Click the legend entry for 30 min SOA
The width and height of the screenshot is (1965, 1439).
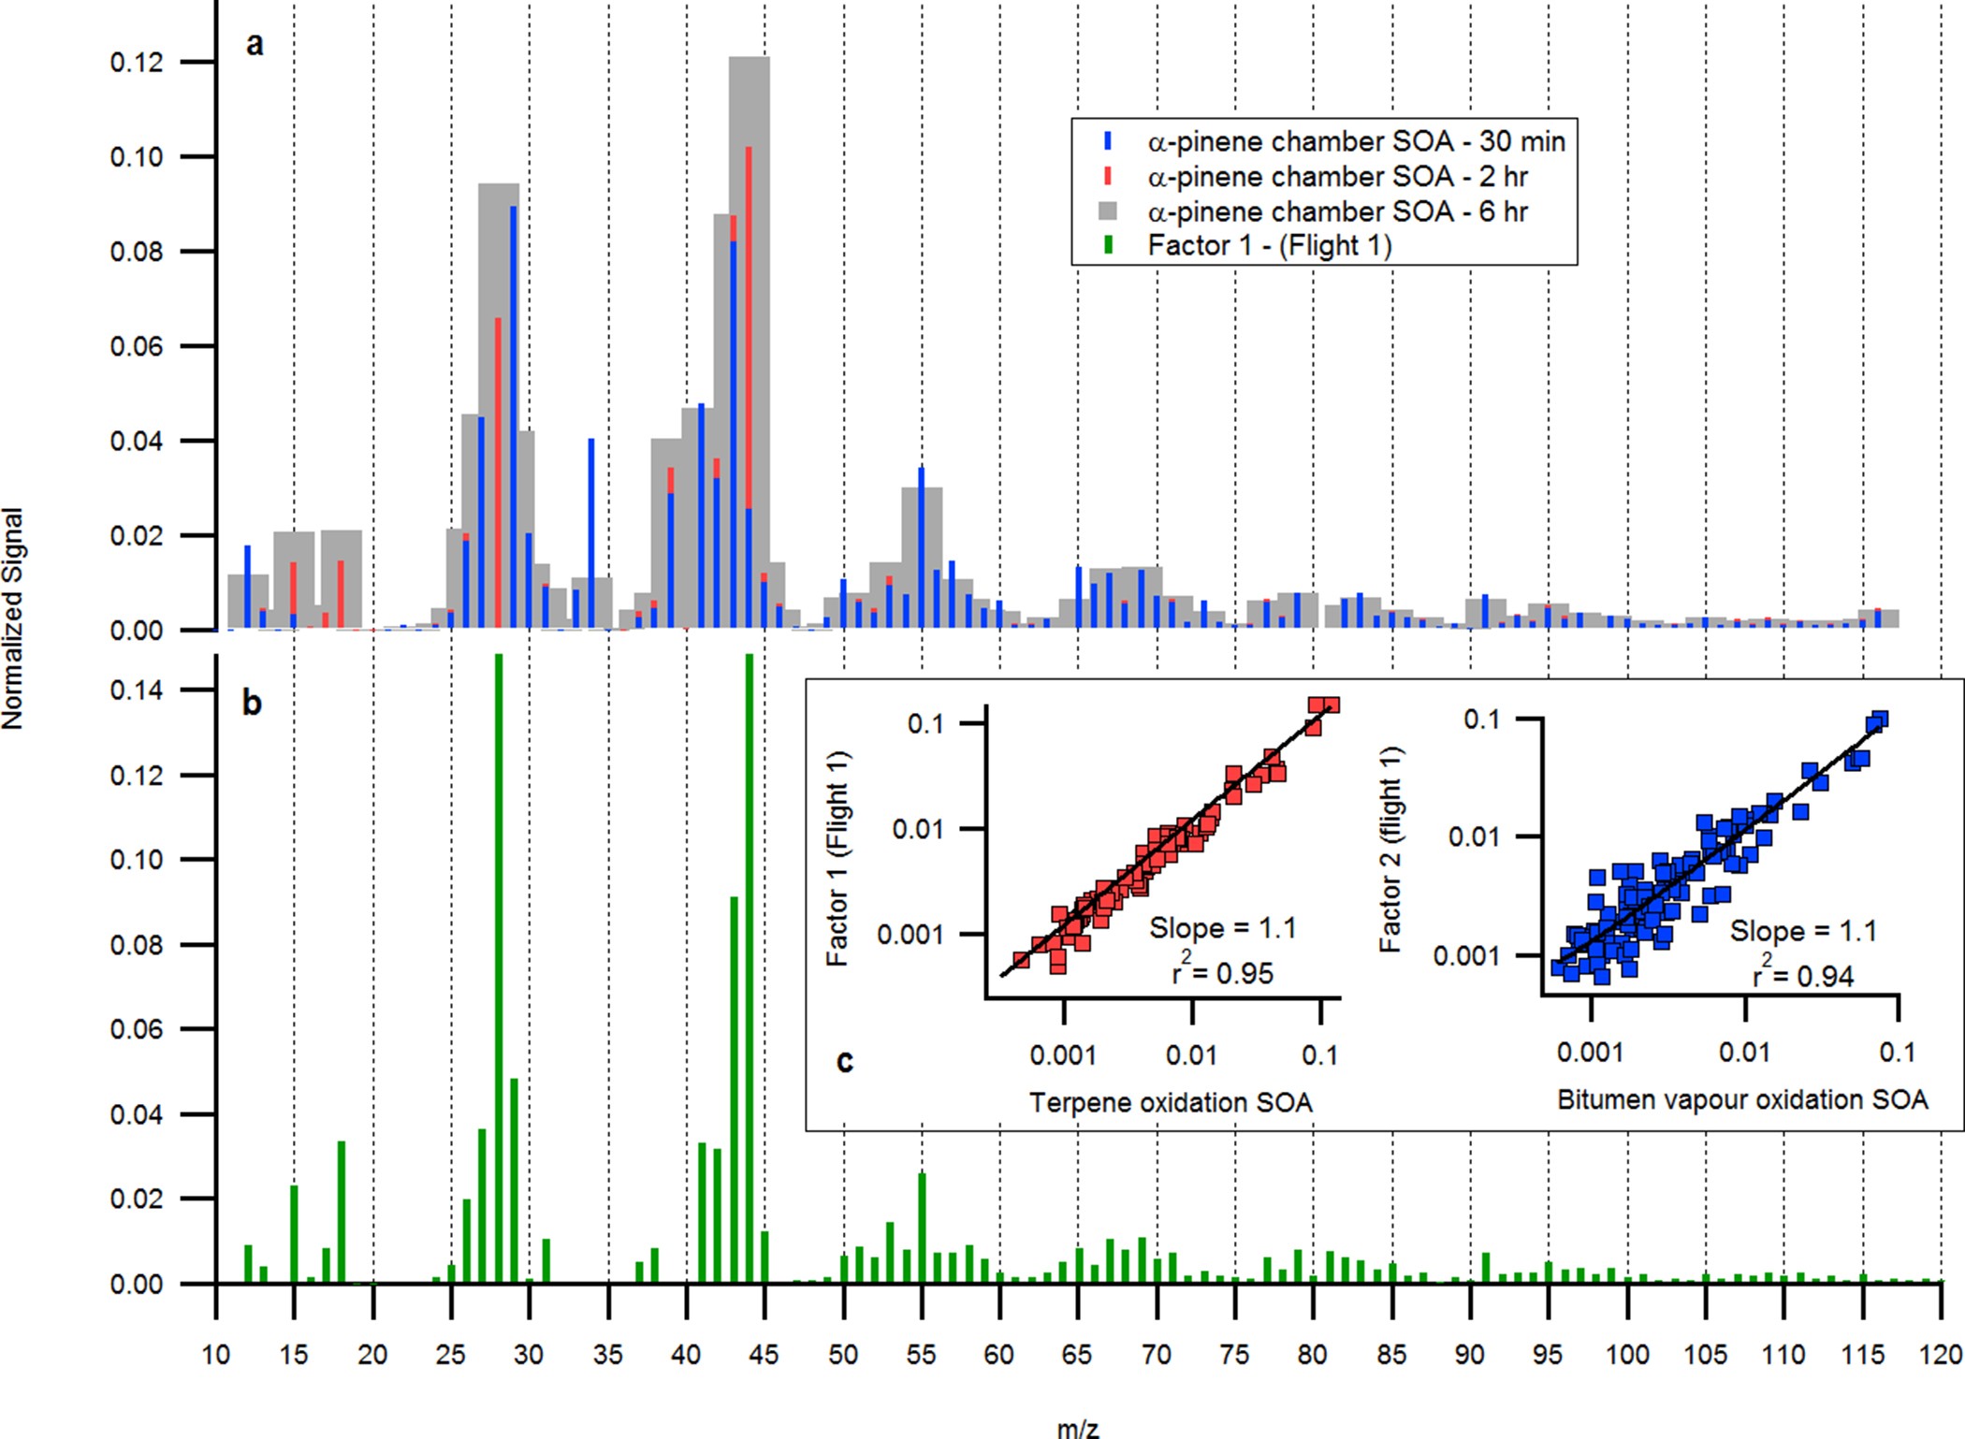(1355, 141)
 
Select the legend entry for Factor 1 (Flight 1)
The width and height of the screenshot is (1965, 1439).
(1269, 245)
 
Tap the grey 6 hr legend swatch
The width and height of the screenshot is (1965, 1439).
(1109, 211)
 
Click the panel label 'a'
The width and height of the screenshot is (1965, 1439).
(254, 43)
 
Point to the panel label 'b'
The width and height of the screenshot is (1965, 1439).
(252, 702)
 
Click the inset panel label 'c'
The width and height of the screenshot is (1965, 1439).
(844, 1060)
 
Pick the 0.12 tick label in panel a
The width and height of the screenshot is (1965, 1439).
(137, 62)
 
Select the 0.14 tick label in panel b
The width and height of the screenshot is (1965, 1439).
(137, 690)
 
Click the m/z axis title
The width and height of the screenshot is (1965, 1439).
(1078, 1428)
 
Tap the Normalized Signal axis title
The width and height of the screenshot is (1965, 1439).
(12, 618)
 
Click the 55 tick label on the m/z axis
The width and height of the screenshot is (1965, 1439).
(921, 1354)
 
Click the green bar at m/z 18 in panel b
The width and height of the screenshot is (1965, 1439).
(342, 1212)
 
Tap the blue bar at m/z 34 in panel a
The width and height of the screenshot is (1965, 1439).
(590, 533)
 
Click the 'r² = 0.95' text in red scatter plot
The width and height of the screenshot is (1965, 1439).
(1222, 973)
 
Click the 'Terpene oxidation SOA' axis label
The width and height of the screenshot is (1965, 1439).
(1171, 1102)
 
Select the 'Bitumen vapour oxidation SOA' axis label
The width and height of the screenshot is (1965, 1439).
(1741, 1099)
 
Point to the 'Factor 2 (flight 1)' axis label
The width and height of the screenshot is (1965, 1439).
(1391, 849)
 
